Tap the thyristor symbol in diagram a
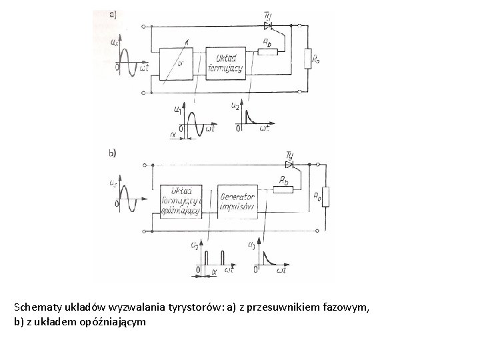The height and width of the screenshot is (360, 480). click(269, 27)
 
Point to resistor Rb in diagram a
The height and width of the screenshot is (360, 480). click(267, 51)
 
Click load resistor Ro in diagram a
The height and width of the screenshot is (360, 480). click(307, 59)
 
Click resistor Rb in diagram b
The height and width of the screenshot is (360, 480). click(283, 189)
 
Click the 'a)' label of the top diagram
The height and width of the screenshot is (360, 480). click(113, 13)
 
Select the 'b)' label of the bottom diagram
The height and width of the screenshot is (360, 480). click(113, 153)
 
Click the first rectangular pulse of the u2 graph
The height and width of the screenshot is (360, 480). click(206, 259)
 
